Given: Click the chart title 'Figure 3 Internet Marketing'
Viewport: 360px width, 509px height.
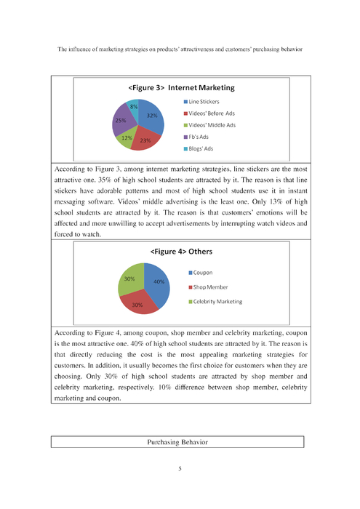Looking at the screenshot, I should [180, 87].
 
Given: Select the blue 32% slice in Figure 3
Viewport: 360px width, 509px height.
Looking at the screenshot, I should [150, 116].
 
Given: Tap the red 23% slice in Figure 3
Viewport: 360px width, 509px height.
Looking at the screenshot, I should [145, 140].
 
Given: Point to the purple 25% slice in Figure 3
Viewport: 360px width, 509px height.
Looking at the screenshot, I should [121, 121].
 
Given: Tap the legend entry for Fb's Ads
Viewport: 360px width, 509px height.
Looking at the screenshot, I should [202, 137].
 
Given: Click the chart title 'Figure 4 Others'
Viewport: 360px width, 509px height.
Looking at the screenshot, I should [180, 252].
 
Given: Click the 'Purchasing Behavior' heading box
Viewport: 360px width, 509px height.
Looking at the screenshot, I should [177, 441].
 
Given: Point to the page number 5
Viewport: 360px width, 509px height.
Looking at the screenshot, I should [180, 468].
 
